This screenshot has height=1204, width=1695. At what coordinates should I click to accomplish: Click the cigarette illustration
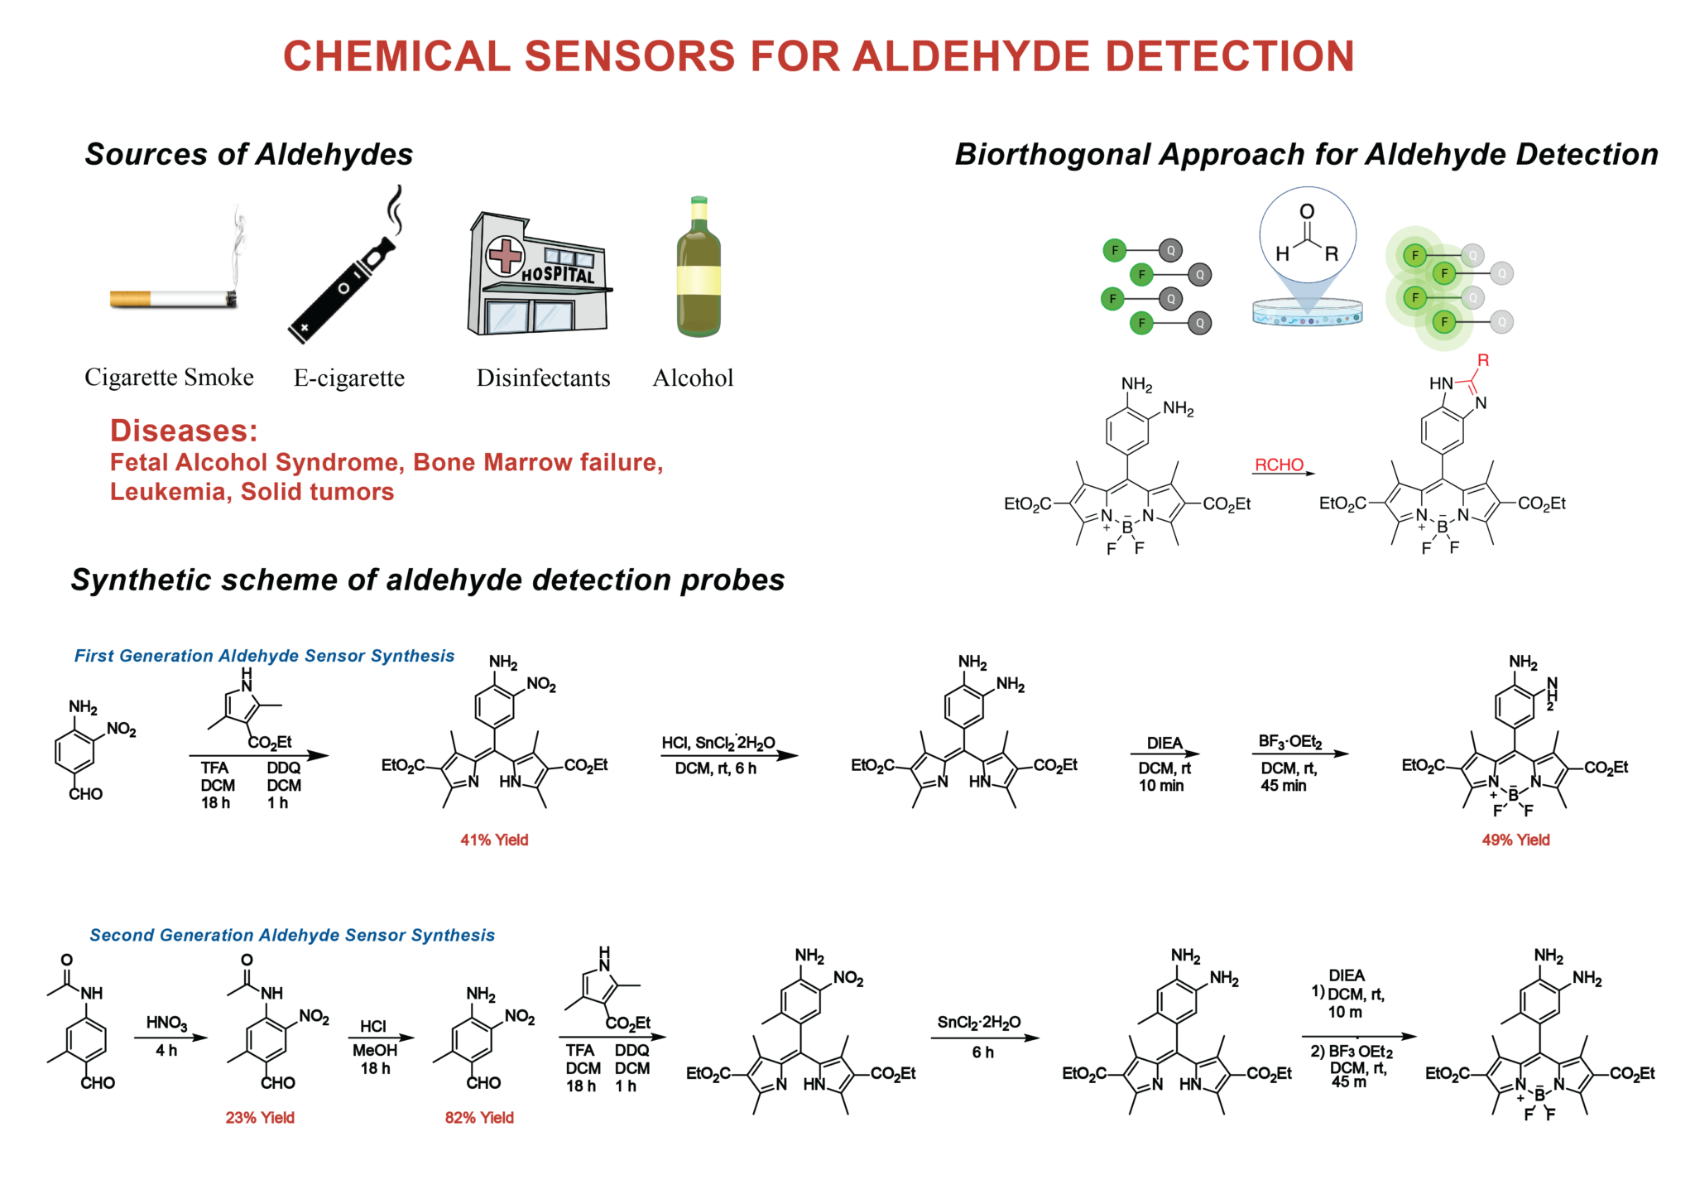click(174, 298)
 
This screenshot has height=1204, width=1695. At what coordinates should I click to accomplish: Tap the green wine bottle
click(699, 269)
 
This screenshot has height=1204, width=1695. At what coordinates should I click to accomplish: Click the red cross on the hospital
click(504, 256)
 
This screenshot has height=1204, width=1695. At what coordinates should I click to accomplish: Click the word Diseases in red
click(184, 431)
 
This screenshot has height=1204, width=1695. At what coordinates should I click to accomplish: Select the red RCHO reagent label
click(1279, 465)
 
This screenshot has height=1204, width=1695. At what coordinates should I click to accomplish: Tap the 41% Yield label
click(494, 840)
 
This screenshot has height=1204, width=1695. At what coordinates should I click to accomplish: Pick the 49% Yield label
click(1515, 840)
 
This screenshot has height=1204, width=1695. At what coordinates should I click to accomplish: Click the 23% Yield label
click(260, 1117)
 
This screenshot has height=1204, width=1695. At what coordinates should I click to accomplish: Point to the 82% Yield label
click(479, 1117)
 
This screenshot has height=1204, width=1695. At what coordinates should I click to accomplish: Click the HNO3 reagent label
click(166, 1023)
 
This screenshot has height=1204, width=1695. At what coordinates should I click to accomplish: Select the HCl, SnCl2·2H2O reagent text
click(718, 743)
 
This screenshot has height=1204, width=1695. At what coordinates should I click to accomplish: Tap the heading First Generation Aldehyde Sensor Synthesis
click(264, 656)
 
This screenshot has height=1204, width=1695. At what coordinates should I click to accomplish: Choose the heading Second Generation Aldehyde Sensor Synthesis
click(292, 935)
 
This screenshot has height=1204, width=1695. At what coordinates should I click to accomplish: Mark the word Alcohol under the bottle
click(693, 378)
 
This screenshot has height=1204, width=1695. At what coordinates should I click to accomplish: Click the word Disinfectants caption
click(543, 378)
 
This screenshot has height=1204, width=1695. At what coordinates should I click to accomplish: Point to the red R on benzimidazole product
click(1482, 360)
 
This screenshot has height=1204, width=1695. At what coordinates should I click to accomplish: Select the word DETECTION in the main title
click(1230, 56)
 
